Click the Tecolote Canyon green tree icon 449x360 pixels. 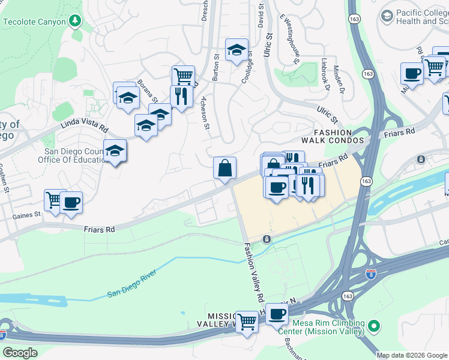(74, 22)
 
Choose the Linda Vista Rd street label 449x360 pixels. (83, 127)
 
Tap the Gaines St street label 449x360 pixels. (28, 214)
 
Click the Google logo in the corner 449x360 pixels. (20, 352)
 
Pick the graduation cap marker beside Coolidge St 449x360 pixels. (237, 50)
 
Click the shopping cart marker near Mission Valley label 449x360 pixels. (247, 322)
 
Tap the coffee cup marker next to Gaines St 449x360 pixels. (71, 203)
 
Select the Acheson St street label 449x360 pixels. (205, 112)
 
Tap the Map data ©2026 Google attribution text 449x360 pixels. (411, 355)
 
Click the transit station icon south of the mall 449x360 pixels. (266, 239)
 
